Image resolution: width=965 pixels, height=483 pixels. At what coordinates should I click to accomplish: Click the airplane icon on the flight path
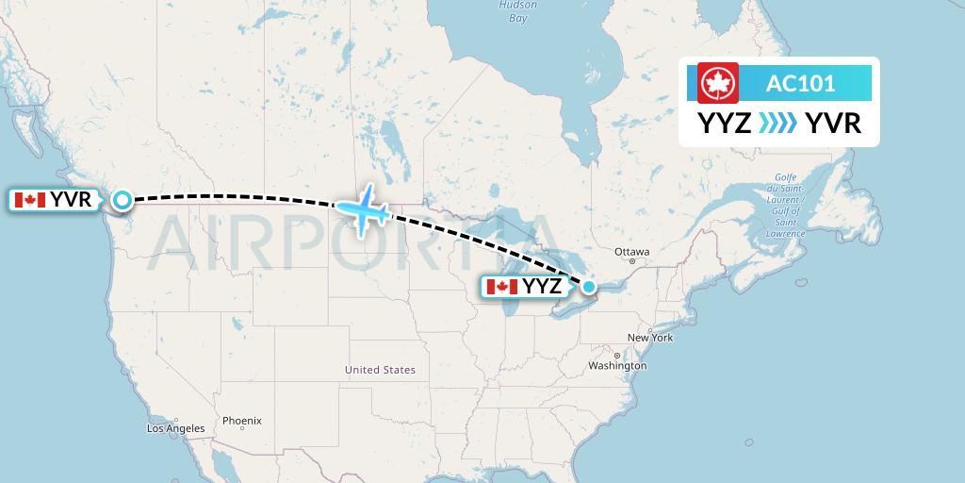tap(364, 207)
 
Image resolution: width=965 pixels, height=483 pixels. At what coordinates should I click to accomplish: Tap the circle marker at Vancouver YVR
tap(123, 199)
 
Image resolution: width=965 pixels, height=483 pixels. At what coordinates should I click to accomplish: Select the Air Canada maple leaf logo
tap(717, 83)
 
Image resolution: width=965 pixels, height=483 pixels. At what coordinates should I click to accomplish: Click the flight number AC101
tap(800, 83)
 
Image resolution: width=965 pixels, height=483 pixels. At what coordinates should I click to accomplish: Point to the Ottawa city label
tap(631, 253)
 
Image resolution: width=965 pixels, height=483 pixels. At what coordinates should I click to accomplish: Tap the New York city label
tap(649, 337)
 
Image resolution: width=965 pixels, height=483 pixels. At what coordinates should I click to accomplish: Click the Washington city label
tap(619, 365)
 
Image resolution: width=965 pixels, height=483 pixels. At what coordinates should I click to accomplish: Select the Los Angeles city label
tap(175, 428)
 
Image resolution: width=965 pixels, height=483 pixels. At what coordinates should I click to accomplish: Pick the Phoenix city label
tap(242, 420)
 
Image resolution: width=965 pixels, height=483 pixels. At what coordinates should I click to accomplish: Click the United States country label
tap(380, 370)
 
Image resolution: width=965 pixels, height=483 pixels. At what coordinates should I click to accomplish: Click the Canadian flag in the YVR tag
tap(30, 200)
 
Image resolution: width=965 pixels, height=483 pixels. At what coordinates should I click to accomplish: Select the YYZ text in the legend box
tap(724, 124)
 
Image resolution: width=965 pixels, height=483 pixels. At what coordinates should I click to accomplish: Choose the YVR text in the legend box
tap(834, 124)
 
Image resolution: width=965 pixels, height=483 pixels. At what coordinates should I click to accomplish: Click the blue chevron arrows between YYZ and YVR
tap(778, 124)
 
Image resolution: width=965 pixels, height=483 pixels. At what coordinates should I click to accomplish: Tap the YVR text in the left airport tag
tap(71, 200)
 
